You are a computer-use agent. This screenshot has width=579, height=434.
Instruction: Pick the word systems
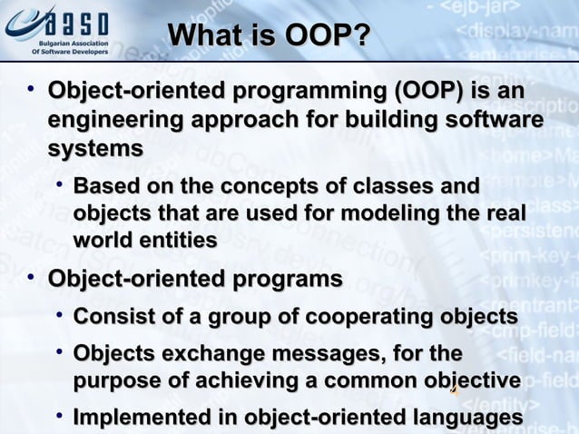coord(95,148)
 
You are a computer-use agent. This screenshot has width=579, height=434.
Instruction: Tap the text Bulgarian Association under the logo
coord(71,43)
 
